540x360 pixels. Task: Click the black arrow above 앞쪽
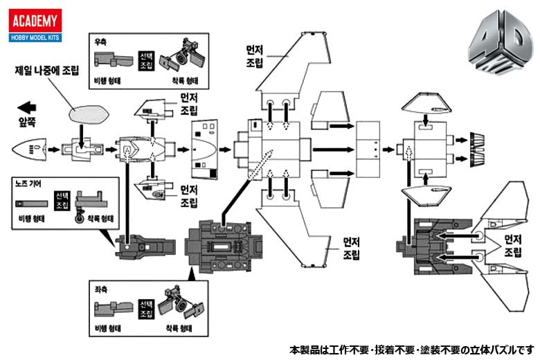[x=26, y=108]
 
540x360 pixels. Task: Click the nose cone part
[x=29, y=148]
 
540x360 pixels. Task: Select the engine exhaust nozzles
[x=478, y=148]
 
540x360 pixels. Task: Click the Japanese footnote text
[x=411, y=350]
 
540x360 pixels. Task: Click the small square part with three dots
[x=374, y=149]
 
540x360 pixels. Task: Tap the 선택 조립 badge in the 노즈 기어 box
[x=62, y=202]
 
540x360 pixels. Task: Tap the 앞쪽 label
[x=27, y=127]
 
